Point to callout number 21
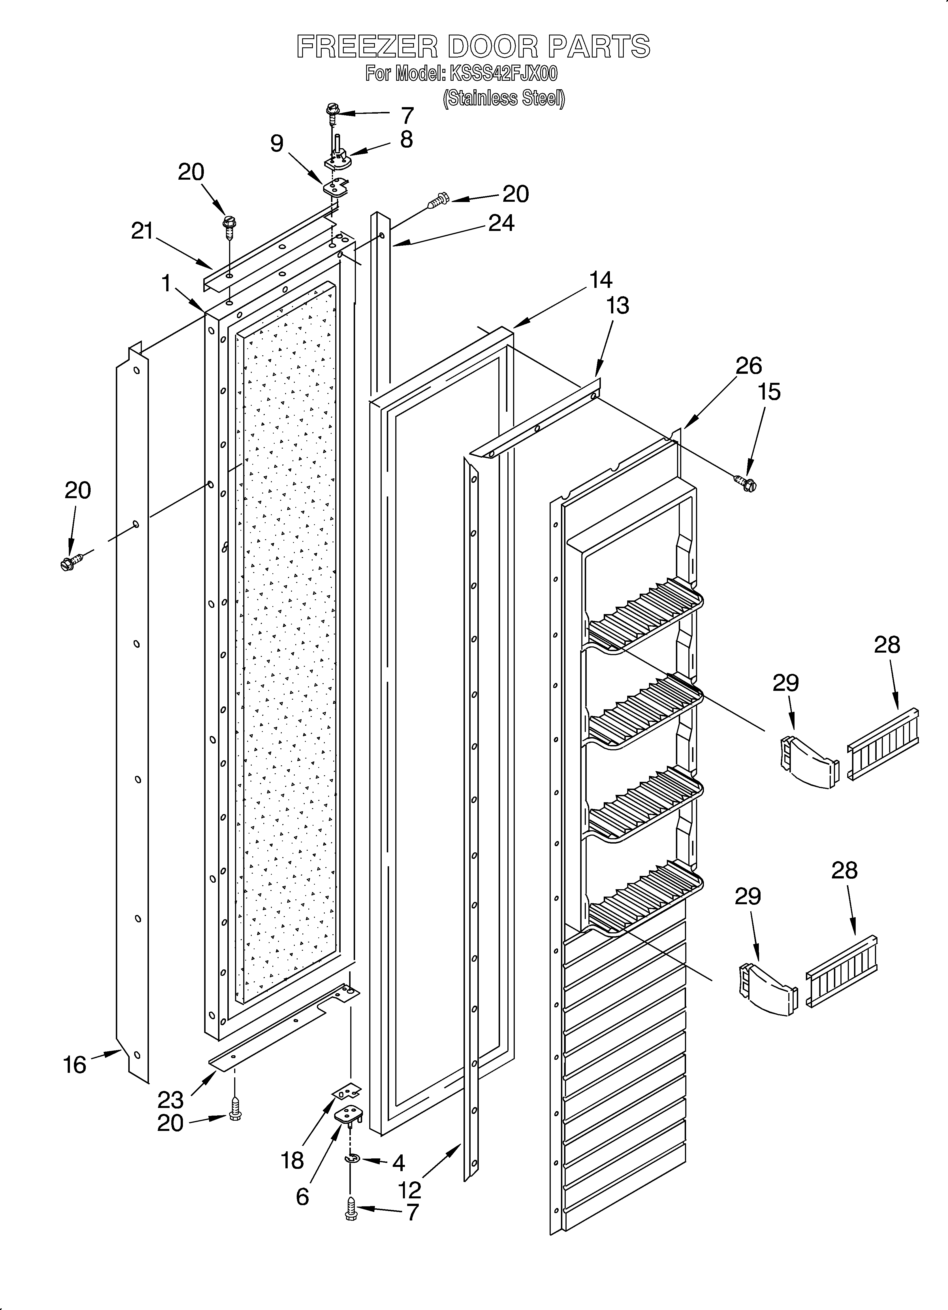pos(142,231)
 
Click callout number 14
pos(601,280)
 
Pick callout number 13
pos(617,305)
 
